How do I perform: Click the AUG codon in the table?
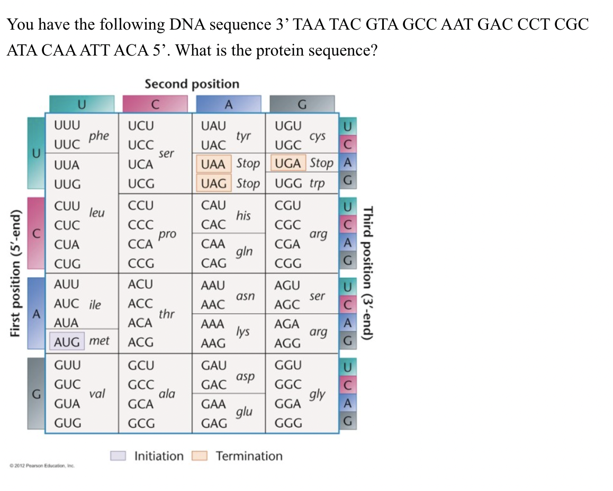[x=67, y=341]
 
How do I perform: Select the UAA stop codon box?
[x=214, y=164]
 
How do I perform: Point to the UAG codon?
[x=214, y=184]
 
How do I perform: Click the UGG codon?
[x=289, y=184]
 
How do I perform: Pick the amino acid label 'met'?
[x=99, y=341]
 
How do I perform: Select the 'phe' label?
[x=99, y=136]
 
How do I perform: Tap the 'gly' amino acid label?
[x=318, y=394]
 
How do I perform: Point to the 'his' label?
[x=244, y=215]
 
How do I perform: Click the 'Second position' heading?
[x=192, y=84]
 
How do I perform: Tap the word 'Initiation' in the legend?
[x=159, y=456]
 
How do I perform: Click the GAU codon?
[x=214, y=365]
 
